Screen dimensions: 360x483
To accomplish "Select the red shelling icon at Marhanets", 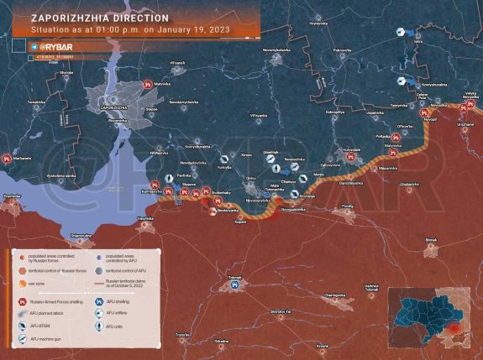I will click(8, 159).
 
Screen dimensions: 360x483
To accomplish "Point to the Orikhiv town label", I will click(251, 179).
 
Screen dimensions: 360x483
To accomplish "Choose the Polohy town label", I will click(348, 206).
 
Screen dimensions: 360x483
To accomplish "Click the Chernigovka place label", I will click(335, 295).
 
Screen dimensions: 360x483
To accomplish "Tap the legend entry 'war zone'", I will click(38, 284).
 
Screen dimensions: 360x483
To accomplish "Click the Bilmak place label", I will click(430, 240).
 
